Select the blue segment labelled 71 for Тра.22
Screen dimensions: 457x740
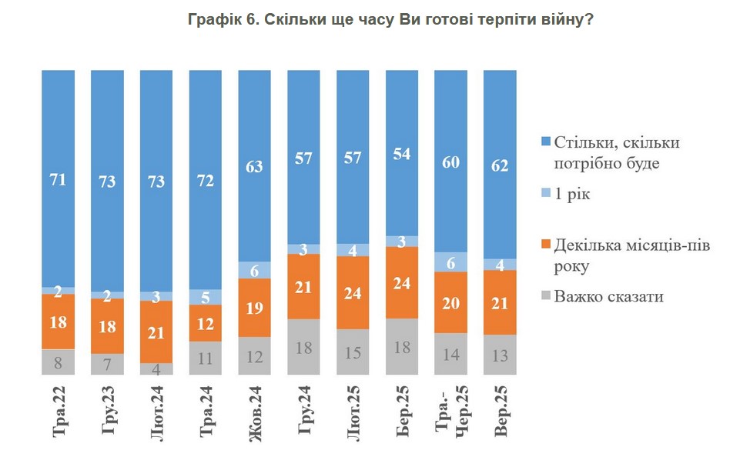point(59,178)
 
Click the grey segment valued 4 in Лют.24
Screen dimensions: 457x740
point(157,369)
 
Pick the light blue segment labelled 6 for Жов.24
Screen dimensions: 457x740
point(256,270)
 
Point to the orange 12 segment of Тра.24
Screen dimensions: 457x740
point(206,323)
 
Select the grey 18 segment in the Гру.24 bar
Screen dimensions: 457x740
point(304,346)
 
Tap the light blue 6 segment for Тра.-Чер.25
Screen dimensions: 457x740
point(452,262)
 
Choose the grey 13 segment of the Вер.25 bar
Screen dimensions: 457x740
point(501,355)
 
